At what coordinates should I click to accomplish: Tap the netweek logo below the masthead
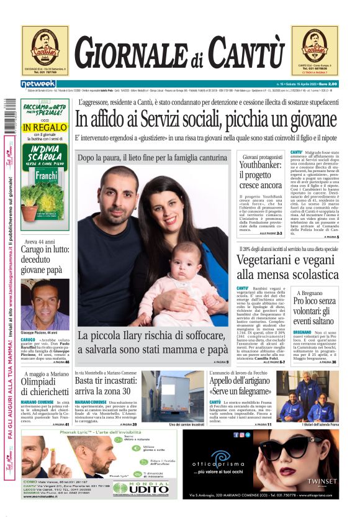click(x=38, y=84)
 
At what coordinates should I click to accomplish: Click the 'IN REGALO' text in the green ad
click(x=44, y=127)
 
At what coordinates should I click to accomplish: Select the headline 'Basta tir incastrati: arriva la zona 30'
click(x=106, y=386)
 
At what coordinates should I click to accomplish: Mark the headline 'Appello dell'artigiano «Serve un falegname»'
click(x=241, y=387)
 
